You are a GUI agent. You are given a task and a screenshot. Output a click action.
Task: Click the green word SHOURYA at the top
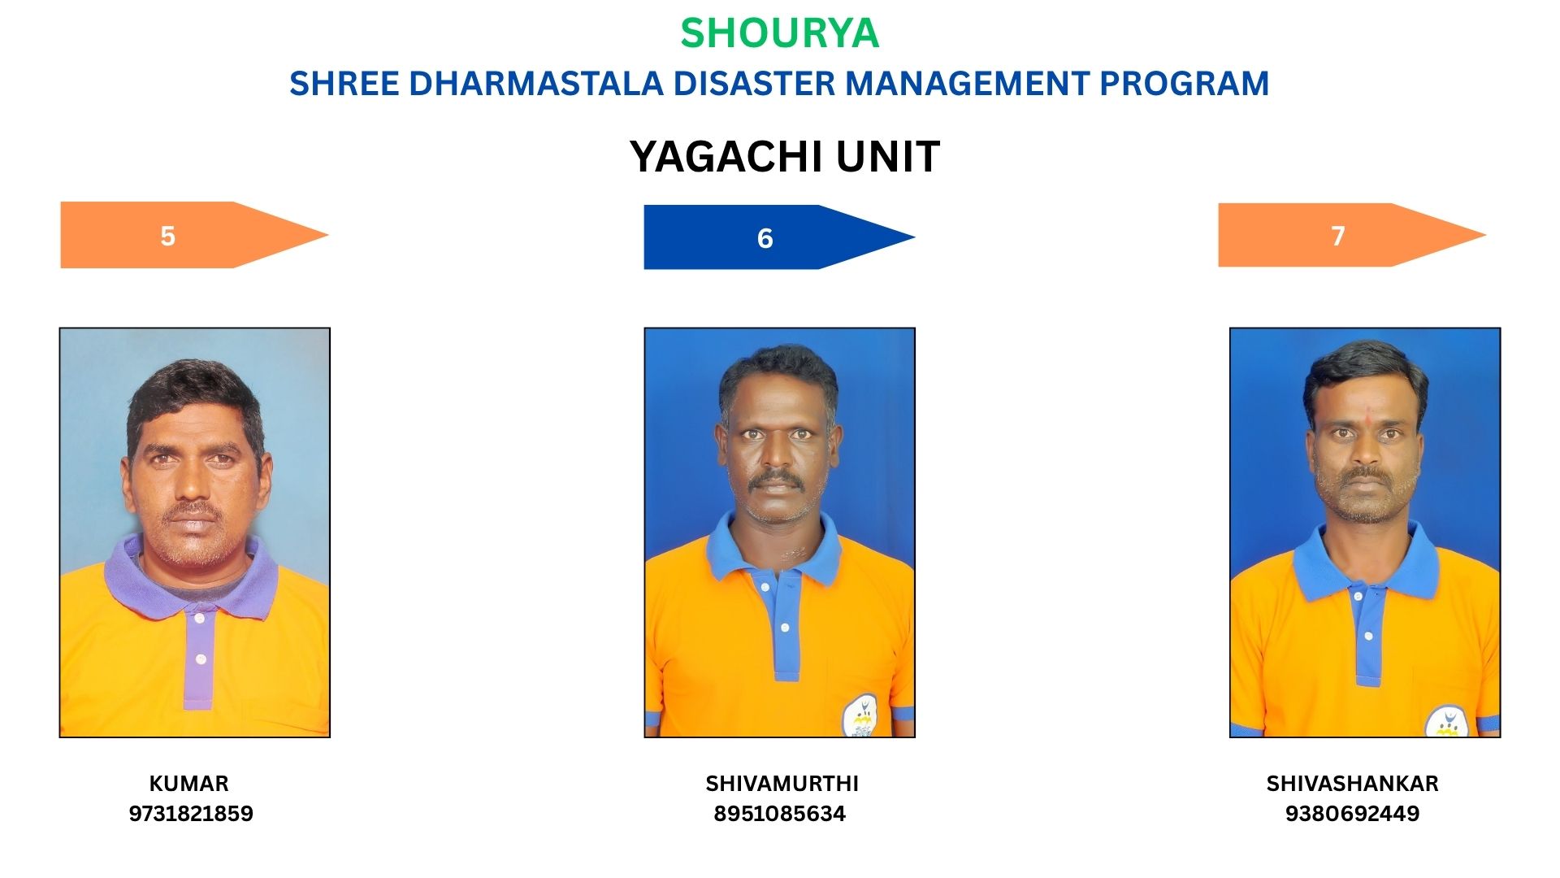pos(779,33)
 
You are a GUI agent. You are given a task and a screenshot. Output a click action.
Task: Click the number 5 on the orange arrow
pos(168,236)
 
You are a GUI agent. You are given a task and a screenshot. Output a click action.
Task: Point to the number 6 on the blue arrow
pos(765,238)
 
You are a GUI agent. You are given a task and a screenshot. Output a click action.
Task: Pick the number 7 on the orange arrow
pos(1338,236)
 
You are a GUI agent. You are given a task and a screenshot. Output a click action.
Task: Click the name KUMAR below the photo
pos(189,784)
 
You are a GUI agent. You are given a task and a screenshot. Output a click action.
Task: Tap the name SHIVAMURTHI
pos(782,784)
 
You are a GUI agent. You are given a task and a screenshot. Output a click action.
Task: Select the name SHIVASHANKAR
pos(1352,784)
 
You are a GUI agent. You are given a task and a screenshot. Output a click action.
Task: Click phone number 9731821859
pos(191,814)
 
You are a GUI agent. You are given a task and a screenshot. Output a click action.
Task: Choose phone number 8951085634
pos(780,814)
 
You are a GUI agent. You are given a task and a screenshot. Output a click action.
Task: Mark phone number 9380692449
pos(1352,814)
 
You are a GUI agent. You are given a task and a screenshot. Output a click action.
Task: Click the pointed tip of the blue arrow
pos(914,237)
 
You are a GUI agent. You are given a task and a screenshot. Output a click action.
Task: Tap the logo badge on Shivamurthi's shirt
pos(860,716)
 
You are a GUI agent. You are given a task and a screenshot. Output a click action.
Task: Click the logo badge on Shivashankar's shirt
pos(1447,721)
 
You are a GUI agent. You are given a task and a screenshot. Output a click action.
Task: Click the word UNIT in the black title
pos(887,156)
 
